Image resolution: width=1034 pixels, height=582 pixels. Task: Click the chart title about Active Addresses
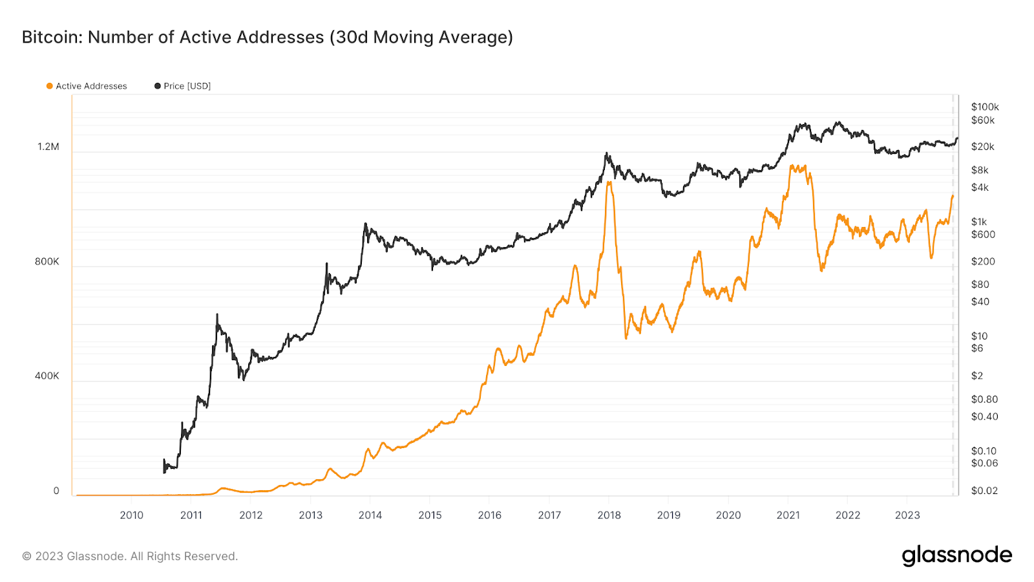(267, 38)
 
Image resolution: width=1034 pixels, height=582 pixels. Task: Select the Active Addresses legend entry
(91, 86)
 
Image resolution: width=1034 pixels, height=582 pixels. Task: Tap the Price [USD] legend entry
(187, 86)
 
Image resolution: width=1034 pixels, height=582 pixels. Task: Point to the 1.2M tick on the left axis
(48, 147)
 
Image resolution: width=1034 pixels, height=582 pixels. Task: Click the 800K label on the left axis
(47, 262)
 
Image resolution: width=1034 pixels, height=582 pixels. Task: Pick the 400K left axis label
(47, 376)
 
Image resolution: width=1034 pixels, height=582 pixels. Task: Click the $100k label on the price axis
(985, 107)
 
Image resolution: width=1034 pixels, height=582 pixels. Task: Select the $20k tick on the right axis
(982, 147)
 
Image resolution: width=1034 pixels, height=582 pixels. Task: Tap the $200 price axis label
(982, 262)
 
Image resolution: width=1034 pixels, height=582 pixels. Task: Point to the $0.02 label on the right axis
(984, 491)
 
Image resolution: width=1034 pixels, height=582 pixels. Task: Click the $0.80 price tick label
(984, 400)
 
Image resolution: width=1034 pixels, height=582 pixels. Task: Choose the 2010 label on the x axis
(132, 515)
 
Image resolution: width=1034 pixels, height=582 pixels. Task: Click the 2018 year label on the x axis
(609, 515)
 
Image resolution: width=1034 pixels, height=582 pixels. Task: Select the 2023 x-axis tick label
(907, 515)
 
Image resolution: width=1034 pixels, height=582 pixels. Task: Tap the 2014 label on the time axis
(370, 515)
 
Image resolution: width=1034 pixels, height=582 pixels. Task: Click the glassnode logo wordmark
(956, 555)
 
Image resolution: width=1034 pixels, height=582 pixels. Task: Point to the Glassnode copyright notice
(130, 556)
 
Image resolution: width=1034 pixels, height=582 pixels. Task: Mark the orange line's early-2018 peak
(609, 182)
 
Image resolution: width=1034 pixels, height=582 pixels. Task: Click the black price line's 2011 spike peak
(217, 315)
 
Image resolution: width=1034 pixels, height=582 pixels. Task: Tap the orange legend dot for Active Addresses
(50, 86)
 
